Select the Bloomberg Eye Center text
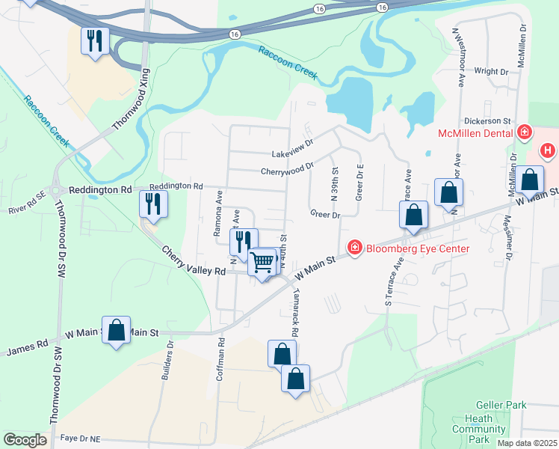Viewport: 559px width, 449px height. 418,249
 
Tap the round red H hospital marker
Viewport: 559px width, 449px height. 548,151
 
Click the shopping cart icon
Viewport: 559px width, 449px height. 262,262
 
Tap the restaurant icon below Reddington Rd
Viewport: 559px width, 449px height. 153,204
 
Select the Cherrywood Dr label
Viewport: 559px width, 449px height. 287,170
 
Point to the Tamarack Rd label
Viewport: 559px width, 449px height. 295,312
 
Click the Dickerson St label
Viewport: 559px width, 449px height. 486,120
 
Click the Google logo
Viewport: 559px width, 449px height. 25,440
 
